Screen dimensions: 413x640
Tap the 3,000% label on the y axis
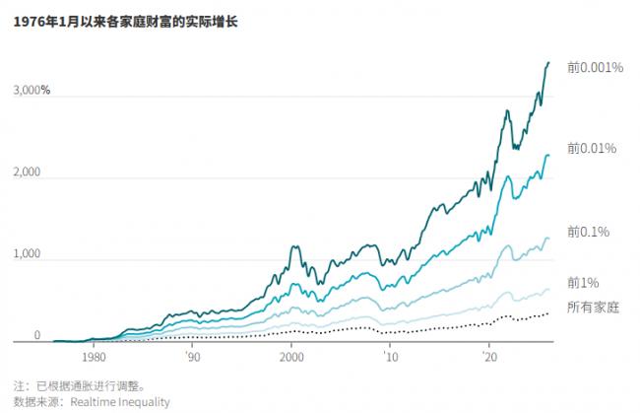click(x=32, y=91)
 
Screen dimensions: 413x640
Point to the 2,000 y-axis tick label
click(x=27, y=172)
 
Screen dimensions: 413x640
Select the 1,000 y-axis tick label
click(x=27, y=254)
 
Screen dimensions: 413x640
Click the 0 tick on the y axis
click(x=36, y=336)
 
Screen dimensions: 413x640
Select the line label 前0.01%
click(x=591, y=148)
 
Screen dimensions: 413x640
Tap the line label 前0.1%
click(x=588, y=231)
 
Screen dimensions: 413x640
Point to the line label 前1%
click(x=583, y=283)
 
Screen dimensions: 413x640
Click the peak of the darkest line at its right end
click(x=548, y=62)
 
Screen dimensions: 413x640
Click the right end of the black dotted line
click(x=548, y=312)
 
